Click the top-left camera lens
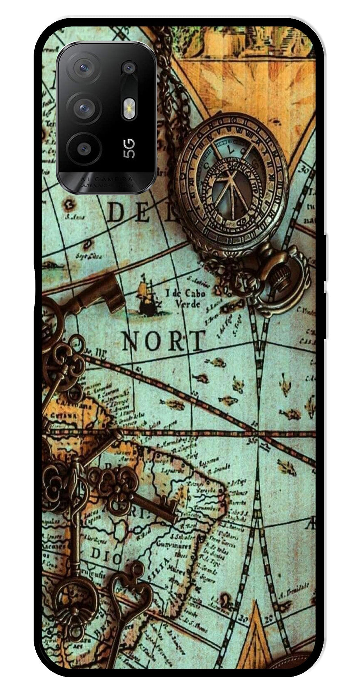tap(84, 67)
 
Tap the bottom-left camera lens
tap(84, 149)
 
